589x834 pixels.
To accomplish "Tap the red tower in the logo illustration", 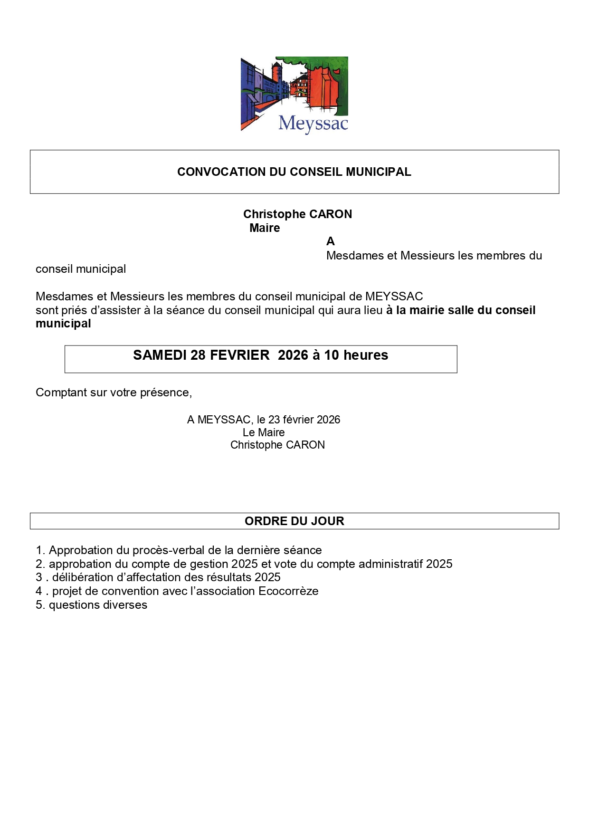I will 276,76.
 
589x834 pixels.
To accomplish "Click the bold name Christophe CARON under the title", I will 297,214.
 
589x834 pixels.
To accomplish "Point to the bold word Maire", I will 265,228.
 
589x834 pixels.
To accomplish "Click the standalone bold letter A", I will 331,241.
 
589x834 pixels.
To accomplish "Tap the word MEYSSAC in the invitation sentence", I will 394,297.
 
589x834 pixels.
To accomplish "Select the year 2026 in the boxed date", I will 293,355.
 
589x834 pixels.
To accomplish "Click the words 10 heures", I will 356,355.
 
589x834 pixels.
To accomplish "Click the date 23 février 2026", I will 304,420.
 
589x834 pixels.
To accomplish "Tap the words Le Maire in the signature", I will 264,432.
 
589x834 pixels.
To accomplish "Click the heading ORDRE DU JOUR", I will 294,521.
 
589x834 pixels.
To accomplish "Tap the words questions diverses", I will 98,605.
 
